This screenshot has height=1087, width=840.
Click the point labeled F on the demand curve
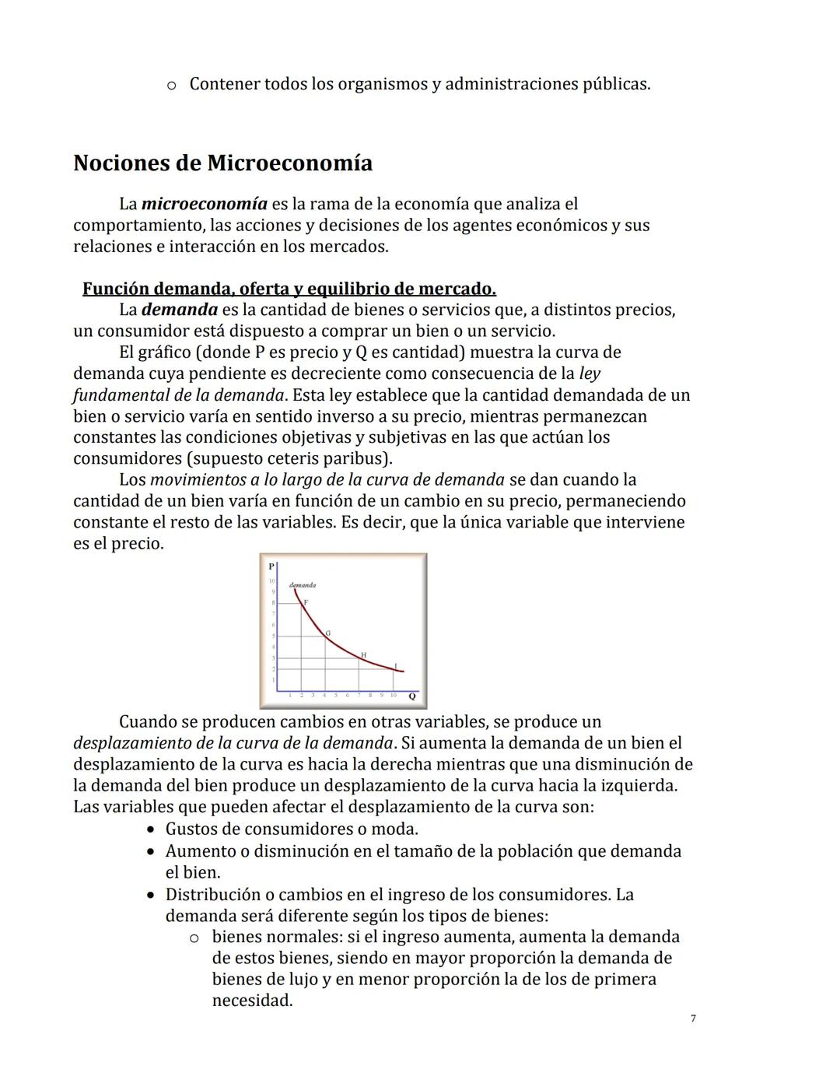click(305, 603)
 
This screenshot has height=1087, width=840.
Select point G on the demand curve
click(327, 634)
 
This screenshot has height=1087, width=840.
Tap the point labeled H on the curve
click(362, 656)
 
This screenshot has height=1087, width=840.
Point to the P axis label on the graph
click(271, 566)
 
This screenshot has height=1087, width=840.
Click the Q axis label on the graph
click(411, 696)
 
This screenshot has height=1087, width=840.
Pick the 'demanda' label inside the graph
click(302, 584)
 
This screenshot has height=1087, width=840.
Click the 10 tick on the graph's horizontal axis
click(394, 695)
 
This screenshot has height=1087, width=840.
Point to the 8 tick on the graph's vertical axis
click(273, 603)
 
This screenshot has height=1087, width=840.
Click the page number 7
click(692, 1019)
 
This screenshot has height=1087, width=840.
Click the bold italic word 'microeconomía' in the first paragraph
click(205, 204)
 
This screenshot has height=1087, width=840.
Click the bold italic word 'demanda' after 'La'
click(180, 310)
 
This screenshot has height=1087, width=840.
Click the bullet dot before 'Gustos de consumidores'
click(152, 829)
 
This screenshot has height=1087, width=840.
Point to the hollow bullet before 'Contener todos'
click(172, 84)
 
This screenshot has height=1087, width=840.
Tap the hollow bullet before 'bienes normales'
click(195, 938)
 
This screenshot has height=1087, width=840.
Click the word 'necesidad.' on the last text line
click(252, 1001)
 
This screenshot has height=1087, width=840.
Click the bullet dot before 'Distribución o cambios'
click(152, 895)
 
